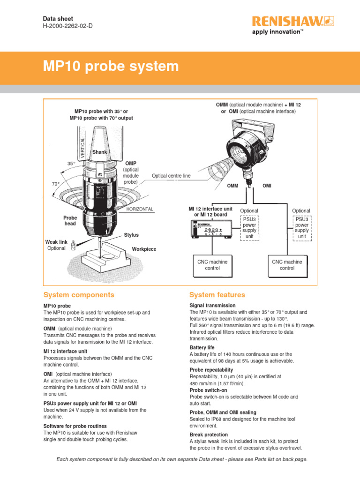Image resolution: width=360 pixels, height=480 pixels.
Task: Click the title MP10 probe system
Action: [111, 66]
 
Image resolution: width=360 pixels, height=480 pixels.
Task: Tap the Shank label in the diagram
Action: [100, 152]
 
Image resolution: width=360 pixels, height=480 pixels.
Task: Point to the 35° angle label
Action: [71, 164]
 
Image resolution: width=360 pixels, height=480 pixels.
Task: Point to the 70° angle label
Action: [56, 184]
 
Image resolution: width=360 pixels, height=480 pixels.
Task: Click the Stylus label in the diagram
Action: [131, 234]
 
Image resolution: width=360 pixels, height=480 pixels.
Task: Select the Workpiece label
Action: [144, 249]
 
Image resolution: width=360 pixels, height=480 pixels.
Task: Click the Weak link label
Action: [56, 242]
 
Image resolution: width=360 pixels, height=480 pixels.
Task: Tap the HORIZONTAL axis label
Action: [139, 209]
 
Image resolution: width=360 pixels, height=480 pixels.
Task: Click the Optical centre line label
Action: [171, 176]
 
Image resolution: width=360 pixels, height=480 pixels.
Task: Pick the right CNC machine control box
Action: [287, 265]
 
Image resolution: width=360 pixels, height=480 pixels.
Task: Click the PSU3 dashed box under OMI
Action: [302, 227]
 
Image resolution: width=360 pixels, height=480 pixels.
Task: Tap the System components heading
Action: [79, 295]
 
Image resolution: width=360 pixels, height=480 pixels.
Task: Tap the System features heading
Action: [217, 295]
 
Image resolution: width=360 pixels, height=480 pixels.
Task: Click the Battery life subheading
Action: [202, 347]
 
